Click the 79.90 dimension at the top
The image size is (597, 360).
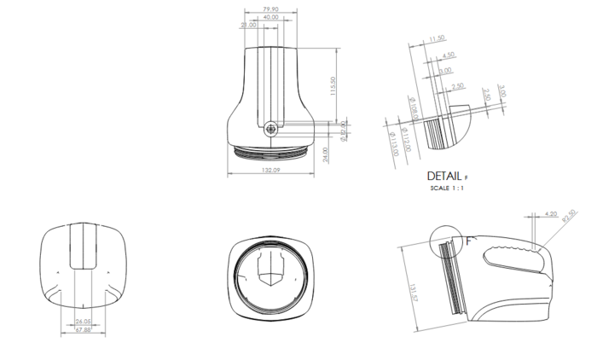click(270, 9)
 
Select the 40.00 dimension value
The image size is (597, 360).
click(270, 17)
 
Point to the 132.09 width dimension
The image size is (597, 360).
click(270, 170)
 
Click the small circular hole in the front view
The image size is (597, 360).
click(271, 129)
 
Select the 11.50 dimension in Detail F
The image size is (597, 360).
click(438, 38)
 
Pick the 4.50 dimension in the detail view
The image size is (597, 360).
click(449, 55)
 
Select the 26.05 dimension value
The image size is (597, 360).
click(83, 322)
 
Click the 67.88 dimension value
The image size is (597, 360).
click(83, 329)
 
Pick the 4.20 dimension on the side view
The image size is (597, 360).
click(549, 213)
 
